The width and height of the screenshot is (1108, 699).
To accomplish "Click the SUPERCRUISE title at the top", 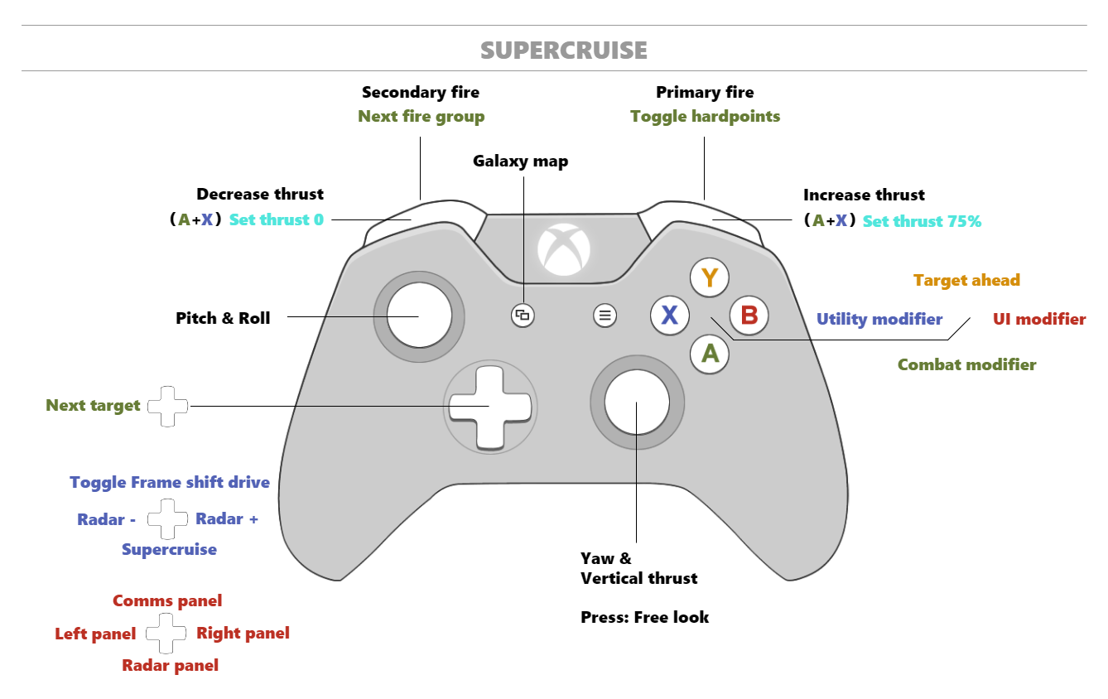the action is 563,51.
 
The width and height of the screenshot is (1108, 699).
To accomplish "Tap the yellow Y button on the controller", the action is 709,278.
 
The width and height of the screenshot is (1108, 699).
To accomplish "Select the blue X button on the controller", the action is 669,315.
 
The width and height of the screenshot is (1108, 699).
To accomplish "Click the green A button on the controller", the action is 710,354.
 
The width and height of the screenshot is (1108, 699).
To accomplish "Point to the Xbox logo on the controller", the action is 564,248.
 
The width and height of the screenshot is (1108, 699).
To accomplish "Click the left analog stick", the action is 419,316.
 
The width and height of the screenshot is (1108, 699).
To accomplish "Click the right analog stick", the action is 637,403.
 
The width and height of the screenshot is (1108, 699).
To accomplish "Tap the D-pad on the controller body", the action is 489,407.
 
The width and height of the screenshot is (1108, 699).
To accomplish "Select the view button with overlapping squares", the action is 523,315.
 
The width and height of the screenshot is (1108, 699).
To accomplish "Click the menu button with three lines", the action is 605,315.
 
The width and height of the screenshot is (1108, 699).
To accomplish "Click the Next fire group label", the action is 422,116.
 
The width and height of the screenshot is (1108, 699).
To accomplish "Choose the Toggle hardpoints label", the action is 705,116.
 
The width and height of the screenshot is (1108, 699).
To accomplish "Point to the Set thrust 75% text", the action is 922,221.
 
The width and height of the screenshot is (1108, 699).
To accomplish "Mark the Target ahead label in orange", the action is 966,280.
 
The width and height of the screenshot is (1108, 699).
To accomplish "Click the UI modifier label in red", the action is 1038,319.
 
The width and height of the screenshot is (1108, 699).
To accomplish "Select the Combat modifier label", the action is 966,364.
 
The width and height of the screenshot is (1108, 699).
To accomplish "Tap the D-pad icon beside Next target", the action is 167,406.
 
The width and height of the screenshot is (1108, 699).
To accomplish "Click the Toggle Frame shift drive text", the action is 170,482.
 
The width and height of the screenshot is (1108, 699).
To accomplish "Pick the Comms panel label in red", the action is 167,600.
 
